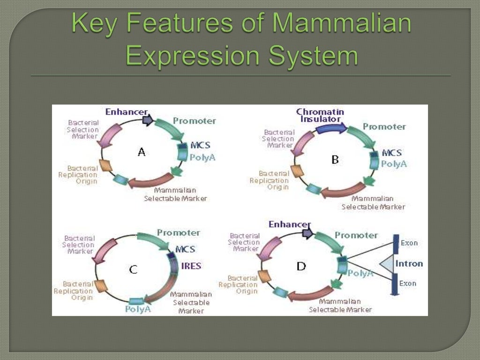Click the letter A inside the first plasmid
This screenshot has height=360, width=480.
(142, 152)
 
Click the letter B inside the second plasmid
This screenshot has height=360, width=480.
(335, 160)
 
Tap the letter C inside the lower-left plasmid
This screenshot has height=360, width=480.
(133, 270)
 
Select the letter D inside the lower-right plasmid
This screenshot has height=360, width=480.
(301, 266)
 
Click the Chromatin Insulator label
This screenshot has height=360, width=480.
(320, 115)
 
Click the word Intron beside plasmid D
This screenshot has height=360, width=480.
(409, 263)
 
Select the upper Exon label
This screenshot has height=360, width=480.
(408, 243)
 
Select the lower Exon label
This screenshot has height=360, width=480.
(407, 284)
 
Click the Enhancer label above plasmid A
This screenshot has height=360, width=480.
(126, 112)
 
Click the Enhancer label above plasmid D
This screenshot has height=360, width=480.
(289, 225)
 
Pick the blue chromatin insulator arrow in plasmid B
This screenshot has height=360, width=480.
(331, 128)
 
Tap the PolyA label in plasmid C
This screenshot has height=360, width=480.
(138, 309)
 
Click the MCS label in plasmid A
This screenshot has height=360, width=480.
(200, 145)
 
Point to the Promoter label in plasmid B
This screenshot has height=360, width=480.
(384, 127)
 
